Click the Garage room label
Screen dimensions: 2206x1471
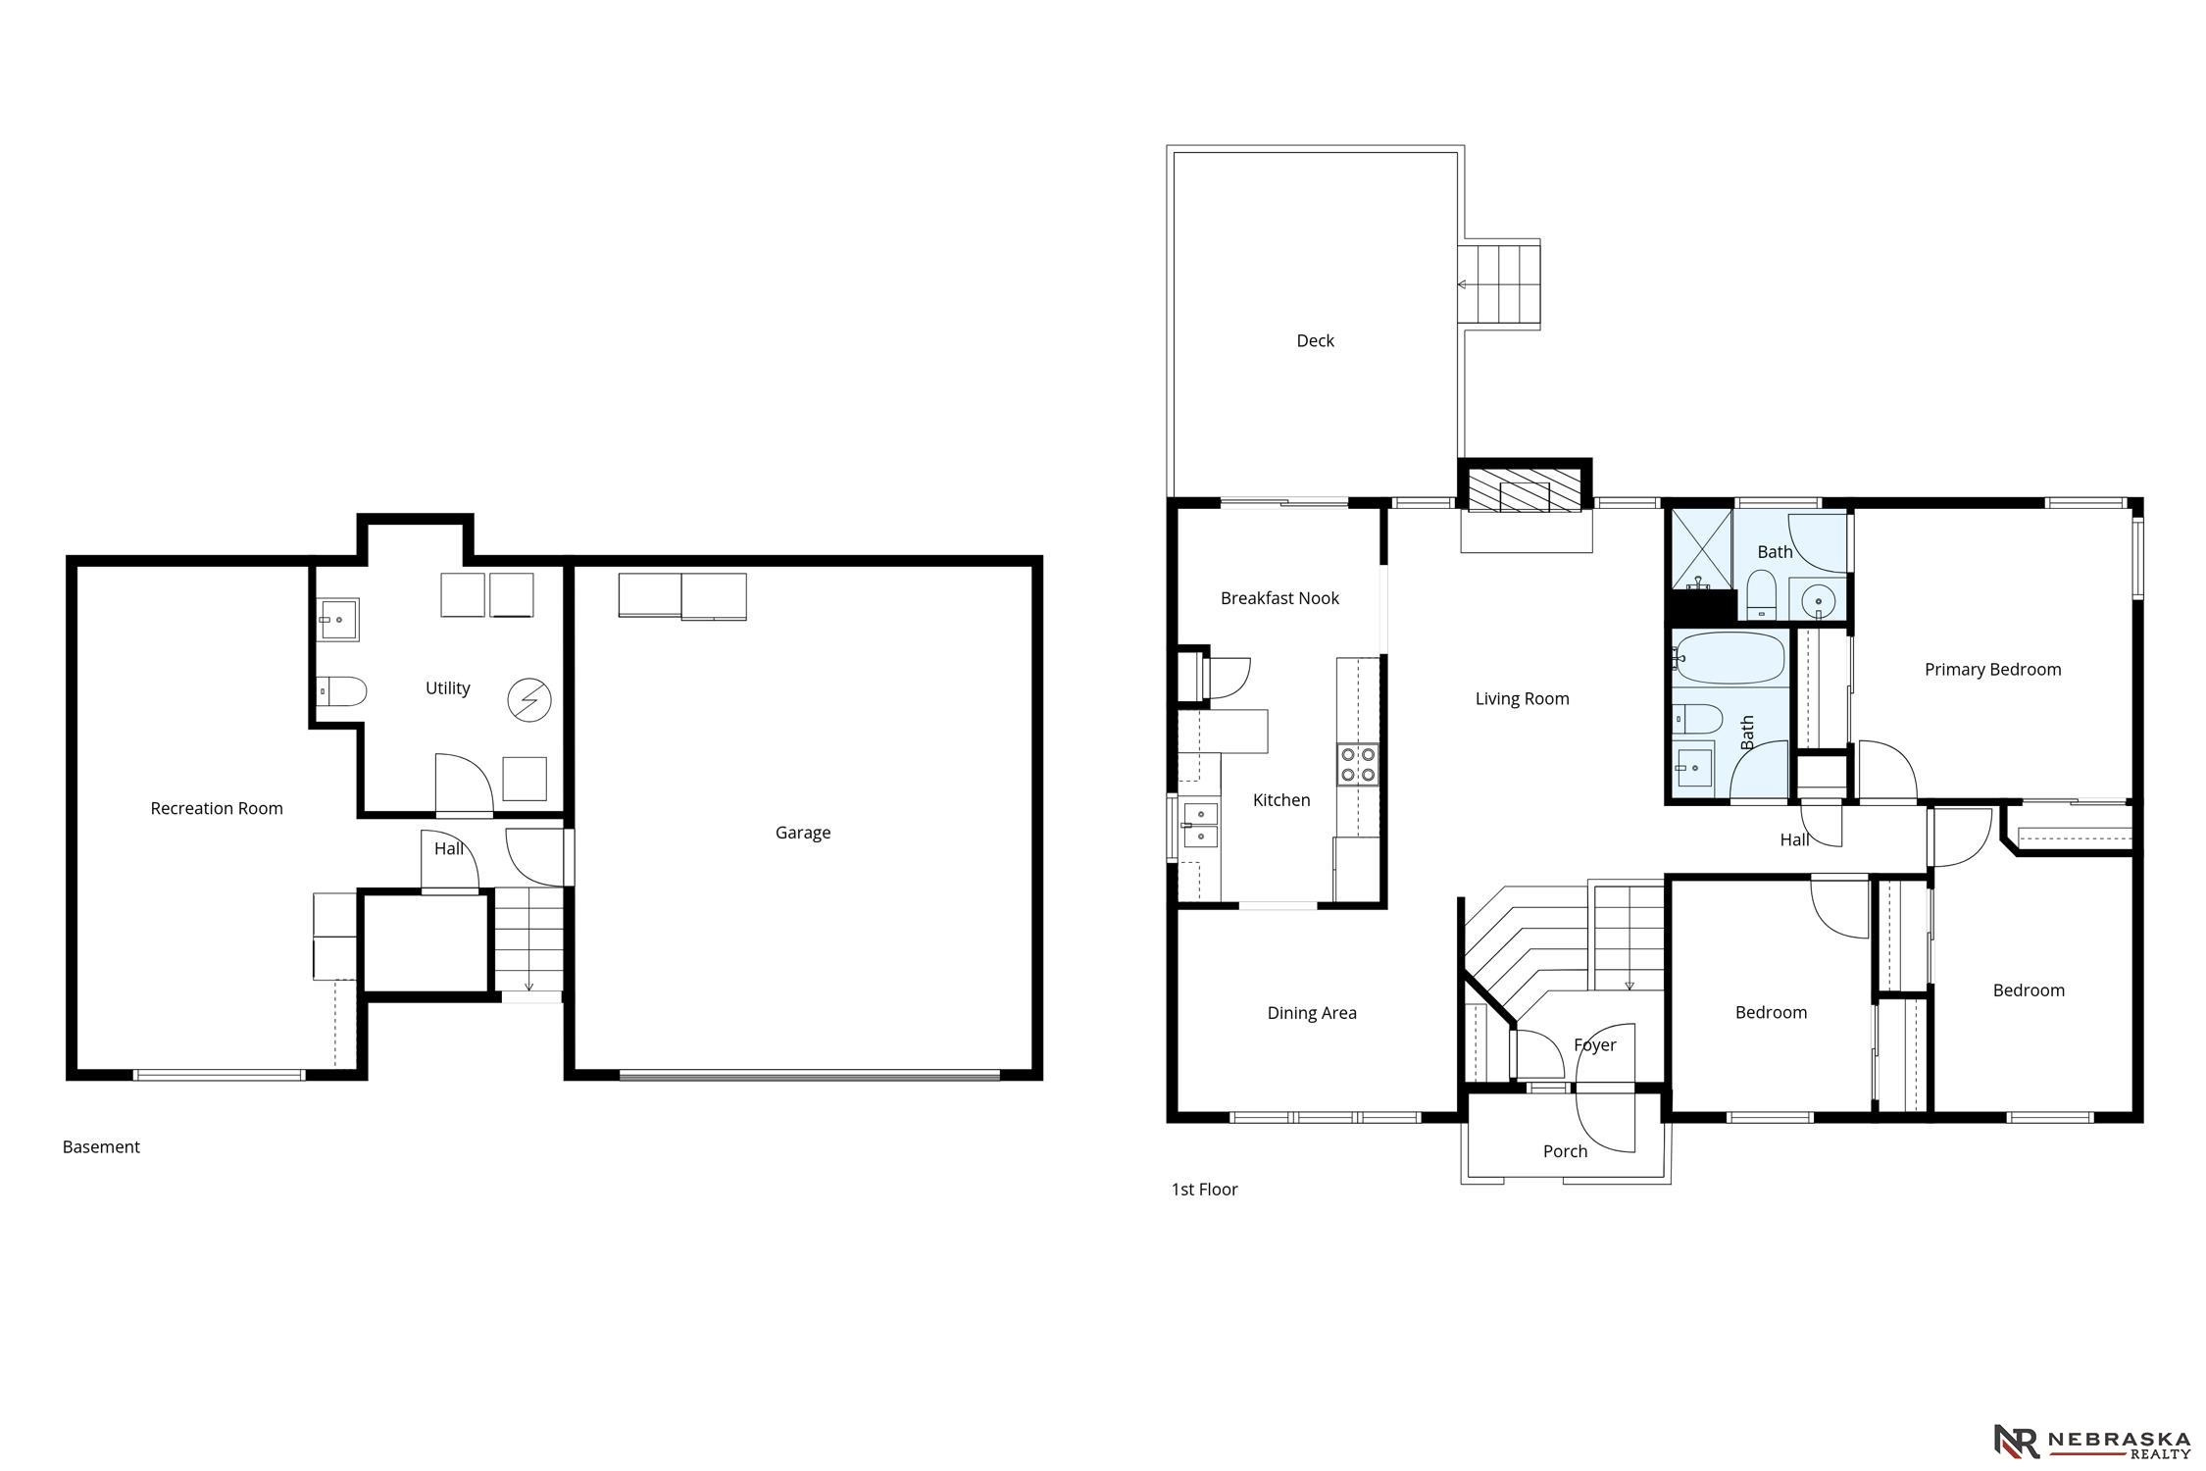point(802,833)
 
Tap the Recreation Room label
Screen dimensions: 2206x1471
point(217,808)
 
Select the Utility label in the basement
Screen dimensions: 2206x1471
point(447,688)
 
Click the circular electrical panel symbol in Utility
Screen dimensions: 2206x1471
point(529,700)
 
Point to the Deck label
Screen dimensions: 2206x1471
point(1315,340)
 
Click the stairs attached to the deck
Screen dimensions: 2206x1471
point(1499,284)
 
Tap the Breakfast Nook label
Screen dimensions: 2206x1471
point(1279,598)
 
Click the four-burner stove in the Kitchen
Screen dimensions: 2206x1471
point(1358,764)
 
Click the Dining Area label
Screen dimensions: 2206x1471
point(1312,1013)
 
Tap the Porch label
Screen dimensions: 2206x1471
point(1565,1151)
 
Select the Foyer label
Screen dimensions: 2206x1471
point(1595,1045)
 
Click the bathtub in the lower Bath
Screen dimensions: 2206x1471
point(1729,658)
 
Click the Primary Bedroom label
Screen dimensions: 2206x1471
point(1992,670)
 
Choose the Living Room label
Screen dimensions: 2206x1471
point(1522,699)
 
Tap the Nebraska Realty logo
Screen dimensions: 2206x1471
point(2092,1440)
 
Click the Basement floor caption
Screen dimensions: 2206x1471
point(101,1147)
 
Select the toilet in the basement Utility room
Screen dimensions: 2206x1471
point(342,691)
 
